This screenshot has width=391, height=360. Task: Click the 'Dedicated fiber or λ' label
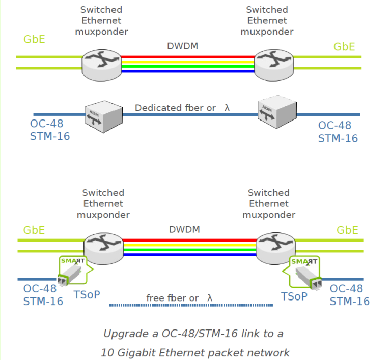point(182,108)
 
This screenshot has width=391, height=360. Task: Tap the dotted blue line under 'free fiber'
point(191,306)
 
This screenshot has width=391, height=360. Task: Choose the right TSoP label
point(294,296)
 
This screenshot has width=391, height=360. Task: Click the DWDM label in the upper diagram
point(182,46)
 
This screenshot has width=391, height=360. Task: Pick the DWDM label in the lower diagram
point(184,229)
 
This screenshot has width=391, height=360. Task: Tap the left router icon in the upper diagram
point(101,64)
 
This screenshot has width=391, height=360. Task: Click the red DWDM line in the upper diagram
point(188,57)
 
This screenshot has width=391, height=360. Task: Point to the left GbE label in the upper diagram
point(34,39)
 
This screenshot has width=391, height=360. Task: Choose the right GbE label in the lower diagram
point(347,230)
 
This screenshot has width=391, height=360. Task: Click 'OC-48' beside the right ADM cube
point(334,126)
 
